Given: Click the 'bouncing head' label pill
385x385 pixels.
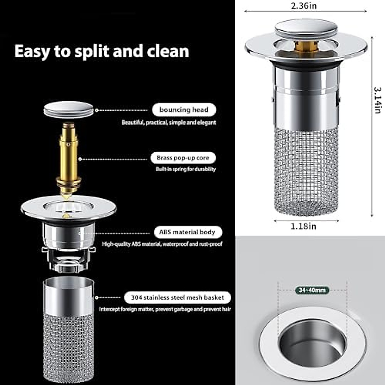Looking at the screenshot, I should click(x=184, y=110).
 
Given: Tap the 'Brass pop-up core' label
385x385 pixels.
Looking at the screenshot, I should click(x=183, y=158).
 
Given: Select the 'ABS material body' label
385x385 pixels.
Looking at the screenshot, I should click(x=187, y=232).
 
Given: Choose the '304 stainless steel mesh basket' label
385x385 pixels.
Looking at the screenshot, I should click(x=177, y=297).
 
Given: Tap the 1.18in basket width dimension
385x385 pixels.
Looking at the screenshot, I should click(x=303, y=226).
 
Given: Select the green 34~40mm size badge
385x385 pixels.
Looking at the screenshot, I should click(x=312, y=290).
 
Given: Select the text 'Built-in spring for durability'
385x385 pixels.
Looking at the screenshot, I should click(x=186, y=169).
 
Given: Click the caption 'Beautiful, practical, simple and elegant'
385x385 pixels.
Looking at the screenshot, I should click(x=168, y=123).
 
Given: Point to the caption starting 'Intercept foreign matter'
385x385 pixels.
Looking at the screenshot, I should click(x=165, y=309).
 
